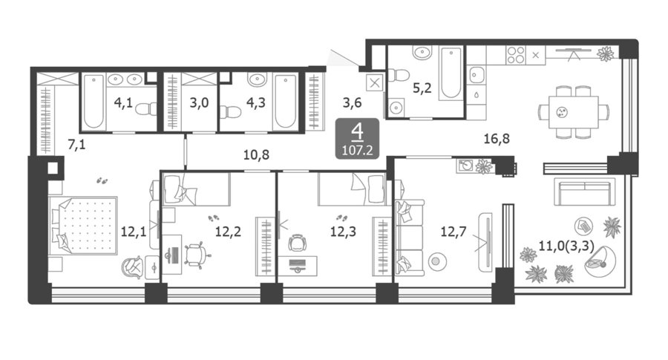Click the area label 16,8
[497, 139]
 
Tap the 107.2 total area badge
[357, 139]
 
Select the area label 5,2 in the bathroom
[422, 88]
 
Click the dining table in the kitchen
[574, 112]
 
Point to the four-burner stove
[516, 55]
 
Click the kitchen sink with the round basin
[476, 76]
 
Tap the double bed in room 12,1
[83, 225]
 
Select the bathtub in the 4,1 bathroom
[94, 102]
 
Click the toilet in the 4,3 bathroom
[231, 111]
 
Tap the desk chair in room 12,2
[197, 255]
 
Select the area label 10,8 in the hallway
[257, 154]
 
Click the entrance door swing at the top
[344, 58]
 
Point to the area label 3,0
[199, 102]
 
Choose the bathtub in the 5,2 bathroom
[451, 73]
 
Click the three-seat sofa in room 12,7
[410, 237]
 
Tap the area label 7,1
[76, 145]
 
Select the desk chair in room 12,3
[297, 243]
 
